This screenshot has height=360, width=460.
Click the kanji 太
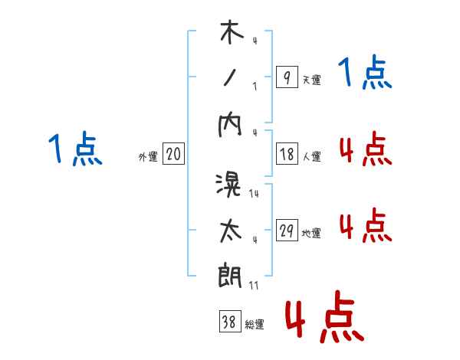pyautogui.click(x=230, y=231)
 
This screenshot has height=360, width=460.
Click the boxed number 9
pyautogui.click(x=286, y=77)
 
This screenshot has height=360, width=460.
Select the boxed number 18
pyautogui.click(x=286, y=154)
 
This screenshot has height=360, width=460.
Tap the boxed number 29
pyautogui.click(x=287, y=231)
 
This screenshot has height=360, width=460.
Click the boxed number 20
pyautogui.click(x=173, y=154)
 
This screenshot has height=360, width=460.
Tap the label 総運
pyautogui.click(x=255, y=325)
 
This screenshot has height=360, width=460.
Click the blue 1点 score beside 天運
pyautogui.click(x=365, y=74)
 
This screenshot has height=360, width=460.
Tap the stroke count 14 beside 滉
pyautogui.click(x=255, y=195)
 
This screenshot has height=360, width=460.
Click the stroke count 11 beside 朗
pyautogui.click(x=254, y=286)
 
